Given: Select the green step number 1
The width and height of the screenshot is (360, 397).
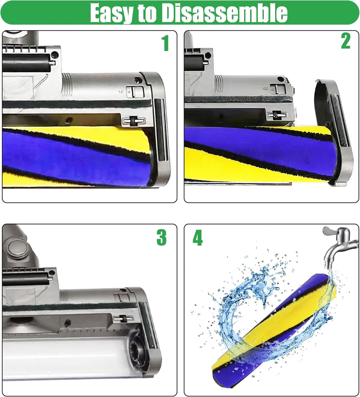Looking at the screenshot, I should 165,44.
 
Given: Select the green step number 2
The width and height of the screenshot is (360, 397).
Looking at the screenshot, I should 346,42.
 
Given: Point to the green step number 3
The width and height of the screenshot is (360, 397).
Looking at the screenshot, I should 161,238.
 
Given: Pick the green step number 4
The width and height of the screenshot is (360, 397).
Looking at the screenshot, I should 198,239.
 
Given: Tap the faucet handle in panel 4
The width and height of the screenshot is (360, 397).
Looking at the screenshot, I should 330,232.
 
